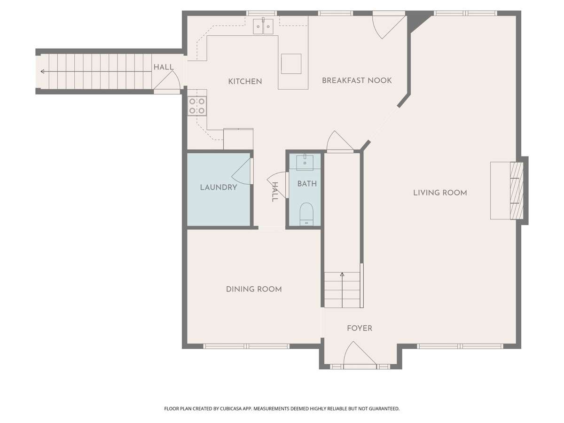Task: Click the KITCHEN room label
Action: tap(245, 81)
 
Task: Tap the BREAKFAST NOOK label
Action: tap(357, 80)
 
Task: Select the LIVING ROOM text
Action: tap(440, 193)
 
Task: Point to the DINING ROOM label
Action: tap(254, 289)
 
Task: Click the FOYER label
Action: tap(359, 328)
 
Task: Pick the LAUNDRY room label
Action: tap(219, 188)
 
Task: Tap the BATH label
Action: tap(307, 184)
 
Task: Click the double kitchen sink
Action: tap(263, 26)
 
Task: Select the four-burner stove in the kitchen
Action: tap(197, 106)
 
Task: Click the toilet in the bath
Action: tap(306, 214)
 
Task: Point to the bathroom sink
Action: tap(305, 162)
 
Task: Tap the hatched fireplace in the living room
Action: tap(516, 190)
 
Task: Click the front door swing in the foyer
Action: tap(359, 352)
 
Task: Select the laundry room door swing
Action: tap(241, 172)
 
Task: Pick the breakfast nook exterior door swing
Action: tap(390, 27)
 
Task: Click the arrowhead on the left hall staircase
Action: tap(42, 71)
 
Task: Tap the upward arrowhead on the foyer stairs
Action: tap(342, 274)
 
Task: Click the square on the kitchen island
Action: tap(291, 64)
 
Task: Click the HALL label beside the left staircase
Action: tap(164, 67)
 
